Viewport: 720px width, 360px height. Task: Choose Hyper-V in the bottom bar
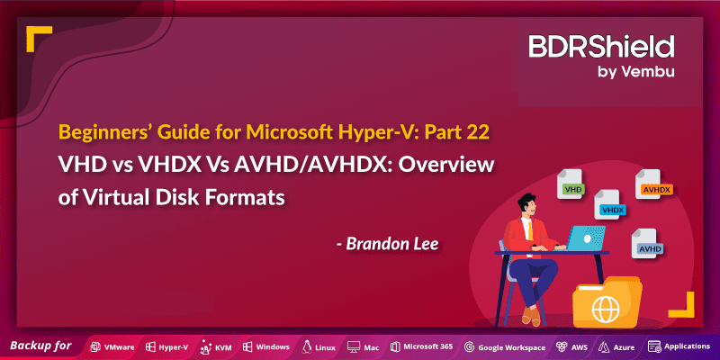(x=167, y=346)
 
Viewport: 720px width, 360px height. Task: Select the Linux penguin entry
(x=319, y=346)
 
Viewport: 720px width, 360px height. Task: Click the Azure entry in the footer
(x=616, y=346)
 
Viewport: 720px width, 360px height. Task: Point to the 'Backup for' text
(x=41, y=346)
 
